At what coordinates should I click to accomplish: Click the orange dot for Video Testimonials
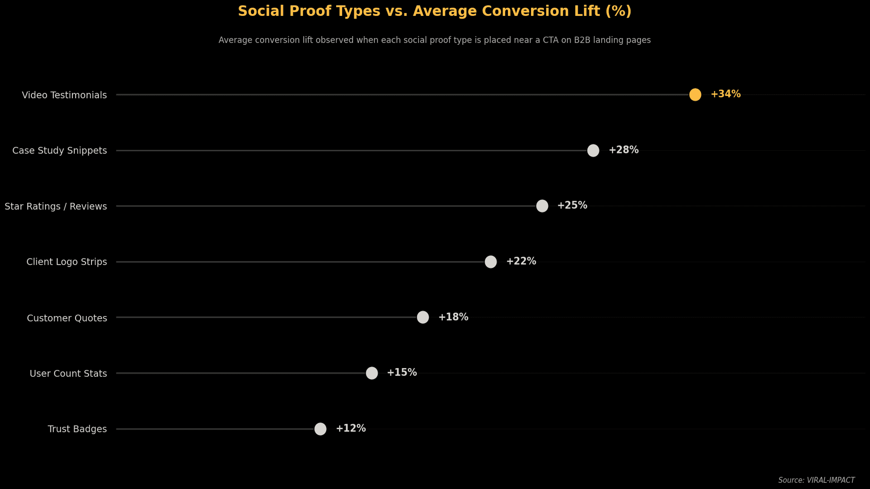(695, 95)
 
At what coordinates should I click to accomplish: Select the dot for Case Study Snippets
(593, 150)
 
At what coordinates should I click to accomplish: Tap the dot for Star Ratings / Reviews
(542, 206)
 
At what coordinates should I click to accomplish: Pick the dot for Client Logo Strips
(491, 262)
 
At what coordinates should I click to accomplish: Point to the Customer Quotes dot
(423, 317)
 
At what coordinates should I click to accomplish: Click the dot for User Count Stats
(372, 373)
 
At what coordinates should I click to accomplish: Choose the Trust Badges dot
(320, 429)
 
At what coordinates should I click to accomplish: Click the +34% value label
(725, 94)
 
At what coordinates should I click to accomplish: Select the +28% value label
(623, 150)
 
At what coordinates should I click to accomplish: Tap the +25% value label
(572, 206)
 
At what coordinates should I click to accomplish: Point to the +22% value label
(521, 261)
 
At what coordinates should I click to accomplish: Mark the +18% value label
(453, 317)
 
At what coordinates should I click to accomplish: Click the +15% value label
(401, 373)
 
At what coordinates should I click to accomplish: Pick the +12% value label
(351, 428)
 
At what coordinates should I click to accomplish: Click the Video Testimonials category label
(64, 95)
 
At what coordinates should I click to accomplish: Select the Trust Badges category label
(77, 429)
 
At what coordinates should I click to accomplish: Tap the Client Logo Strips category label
(67, 262)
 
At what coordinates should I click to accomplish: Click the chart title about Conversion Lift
(435, 11)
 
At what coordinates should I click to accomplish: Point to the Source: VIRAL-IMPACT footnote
(817, 480)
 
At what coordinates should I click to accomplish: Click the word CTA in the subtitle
(551, 40)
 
